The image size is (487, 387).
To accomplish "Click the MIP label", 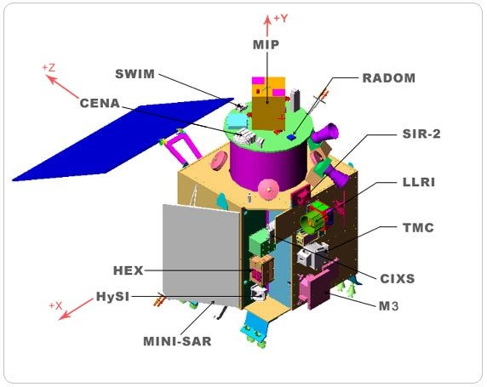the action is click(266, 45).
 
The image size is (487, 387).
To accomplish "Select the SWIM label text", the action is click(135, 74).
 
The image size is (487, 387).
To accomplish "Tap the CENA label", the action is click(100, 104).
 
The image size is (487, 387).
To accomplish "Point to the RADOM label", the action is click(389, 78).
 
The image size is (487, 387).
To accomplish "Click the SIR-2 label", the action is click(421, 134).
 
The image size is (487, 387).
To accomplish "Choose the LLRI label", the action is click(419, 182).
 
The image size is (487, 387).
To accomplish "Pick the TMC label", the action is click(418, 228).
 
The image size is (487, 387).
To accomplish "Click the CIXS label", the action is click(398, 279).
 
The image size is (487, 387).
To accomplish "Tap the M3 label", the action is click(389, 306).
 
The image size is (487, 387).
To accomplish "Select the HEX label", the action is click(128, 270).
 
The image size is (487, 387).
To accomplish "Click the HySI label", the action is click(112, 296).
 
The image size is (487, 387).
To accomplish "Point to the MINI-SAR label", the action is click(177, 341).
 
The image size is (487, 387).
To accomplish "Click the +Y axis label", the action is click(280, 19).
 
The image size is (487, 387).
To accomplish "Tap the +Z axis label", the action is click(49, 68).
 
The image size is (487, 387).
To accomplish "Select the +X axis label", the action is click(55, 305).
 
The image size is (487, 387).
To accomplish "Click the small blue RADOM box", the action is click(291, 137).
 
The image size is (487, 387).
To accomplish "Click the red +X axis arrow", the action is click(76, 309).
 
